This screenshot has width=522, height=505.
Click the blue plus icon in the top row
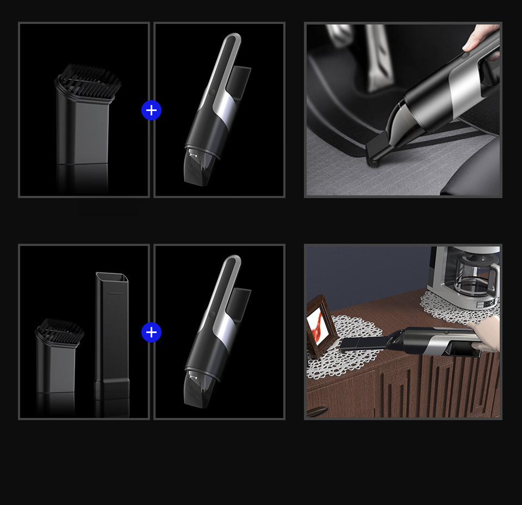click(x=151, y=110)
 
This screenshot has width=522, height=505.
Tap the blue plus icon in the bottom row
click(x=151, y=332)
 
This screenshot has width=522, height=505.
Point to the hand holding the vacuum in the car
click(x=481, y=38)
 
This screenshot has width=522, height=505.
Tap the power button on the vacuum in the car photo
click(x=465, y=54)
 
